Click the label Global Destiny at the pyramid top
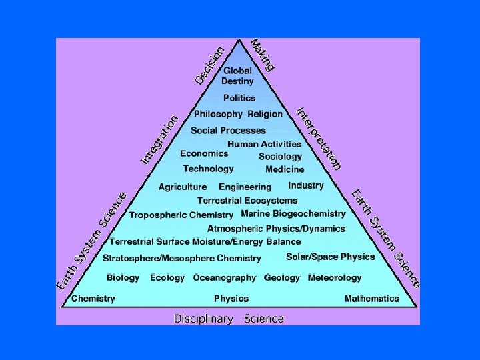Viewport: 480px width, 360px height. (238, 76)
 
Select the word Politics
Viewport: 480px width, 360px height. (239, 98)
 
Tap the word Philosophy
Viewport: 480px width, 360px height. (218, 114)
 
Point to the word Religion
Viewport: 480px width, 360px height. (265, 114)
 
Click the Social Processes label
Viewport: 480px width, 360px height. (228, 131)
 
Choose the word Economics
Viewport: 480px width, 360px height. (204, 153)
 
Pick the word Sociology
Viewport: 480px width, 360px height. (280, 157)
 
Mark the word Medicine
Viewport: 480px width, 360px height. (285, 169)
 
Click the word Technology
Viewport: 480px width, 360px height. (208, 169)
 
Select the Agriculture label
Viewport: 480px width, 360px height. (183, 187)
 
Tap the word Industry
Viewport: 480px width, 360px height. (306, 185)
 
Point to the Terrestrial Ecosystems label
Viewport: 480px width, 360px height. (247, 201)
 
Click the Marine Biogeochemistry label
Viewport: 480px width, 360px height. (293, 214)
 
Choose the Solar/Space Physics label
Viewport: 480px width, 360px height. (331, 257)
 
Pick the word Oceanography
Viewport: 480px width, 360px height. (225, 277)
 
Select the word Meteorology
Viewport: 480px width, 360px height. (335, 277)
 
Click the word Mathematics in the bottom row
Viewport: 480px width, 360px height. (372, 299)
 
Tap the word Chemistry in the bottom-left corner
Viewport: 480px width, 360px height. (93, 299)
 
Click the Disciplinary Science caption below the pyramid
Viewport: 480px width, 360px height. (229, 319)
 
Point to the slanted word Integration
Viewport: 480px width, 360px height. (160, 140)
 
